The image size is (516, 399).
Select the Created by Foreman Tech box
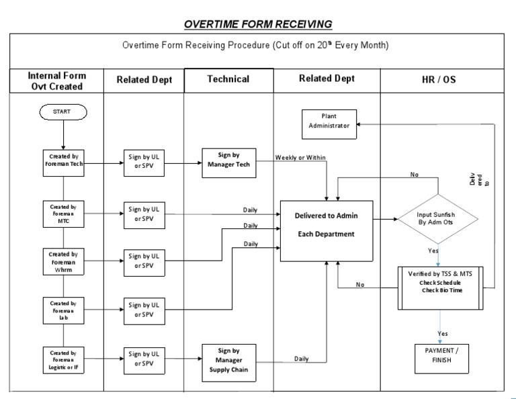[x=62, y=163]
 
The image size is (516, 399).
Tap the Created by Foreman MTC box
[x=62, y=214]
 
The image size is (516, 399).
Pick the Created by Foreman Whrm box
[x=62, y=262]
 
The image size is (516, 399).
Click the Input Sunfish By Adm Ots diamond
[x=437, y=219]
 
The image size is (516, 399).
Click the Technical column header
[x=228, y=79]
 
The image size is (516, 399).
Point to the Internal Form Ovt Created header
[x=56, y=80]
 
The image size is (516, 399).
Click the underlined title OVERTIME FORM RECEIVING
[x=259, y=25]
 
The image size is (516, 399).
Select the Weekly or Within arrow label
[x=300, y=158]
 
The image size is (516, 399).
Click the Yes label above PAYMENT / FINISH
[x=443, y=333]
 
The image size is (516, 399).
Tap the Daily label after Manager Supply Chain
[x=302, y=359]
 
